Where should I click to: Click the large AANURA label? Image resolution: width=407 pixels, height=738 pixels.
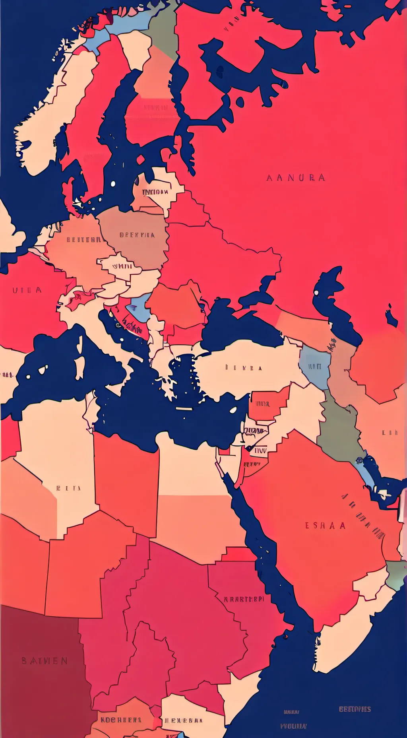click(296, 178)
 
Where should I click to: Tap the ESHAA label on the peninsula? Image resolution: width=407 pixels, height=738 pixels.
click(325, 526)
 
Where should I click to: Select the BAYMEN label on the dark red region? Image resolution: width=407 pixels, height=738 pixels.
click(45, 661)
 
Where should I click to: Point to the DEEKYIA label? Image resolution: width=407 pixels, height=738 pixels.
click(137, 235)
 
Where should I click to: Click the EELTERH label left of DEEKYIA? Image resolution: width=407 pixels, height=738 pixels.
click(83, 240)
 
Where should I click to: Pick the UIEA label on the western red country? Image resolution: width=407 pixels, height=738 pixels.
click(27, 290)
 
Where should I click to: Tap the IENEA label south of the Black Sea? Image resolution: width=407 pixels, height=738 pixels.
click(244, 368)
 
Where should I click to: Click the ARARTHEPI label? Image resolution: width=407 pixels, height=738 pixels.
click(244, 599)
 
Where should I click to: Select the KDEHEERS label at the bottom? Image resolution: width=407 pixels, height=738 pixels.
click(121, 720)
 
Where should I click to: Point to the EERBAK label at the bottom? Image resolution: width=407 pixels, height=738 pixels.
click(184, 720)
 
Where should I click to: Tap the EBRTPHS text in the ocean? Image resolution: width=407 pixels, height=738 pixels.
click(355, 709)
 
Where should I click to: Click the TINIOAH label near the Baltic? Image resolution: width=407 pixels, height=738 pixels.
click(155, 192)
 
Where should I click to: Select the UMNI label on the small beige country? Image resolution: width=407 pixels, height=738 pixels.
click(122, 266)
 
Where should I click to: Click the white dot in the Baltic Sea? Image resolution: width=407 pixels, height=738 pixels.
click(113, 184)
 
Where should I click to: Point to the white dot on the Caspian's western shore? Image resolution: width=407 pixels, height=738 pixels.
click(316, 293)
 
